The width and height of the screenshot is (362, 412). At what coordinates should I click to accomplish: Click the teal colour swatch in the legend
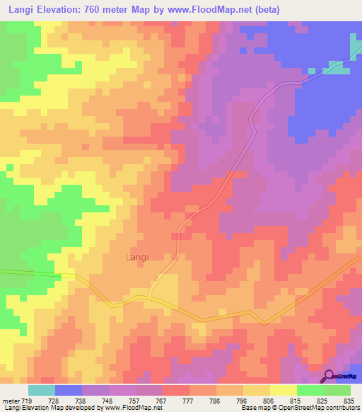click(42, 390)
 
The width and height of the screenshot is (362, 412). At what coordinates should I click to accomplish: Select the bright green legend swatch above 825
click(310, 390)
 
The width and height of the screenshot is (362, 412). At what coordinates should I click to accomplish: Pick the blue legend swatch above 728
click(69, 390)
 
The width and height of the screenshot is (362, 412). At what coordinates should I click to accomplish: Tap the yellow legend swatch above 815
click(284, 390)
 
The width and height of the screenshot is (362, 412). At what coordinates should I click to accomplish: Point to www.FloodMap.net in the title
click(209, 10)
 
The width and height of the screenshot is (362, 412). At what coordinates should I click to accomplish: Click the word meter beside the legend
click(11, 401)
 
